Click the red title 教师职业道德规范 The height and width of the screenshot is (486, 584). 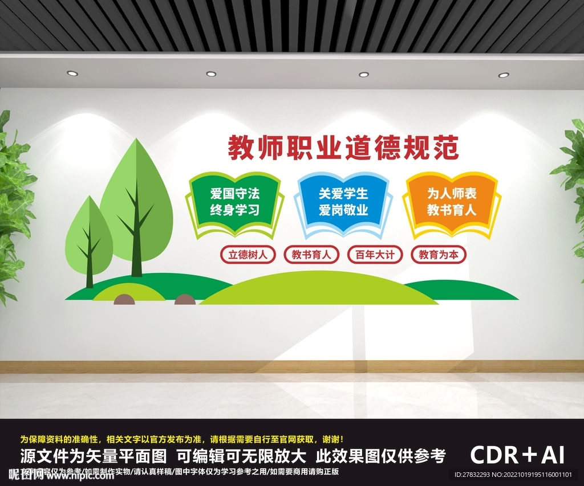pos(343,148)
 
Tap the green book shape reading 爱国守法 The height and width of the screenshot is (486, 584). pos(234,202)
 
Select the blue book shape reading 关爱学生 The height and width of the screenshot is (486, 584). pos(343,202)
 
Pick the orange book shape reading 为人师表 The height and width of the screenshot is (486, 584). pos(452,202)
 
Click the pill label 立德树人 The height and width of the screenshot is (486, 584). pos(248,255)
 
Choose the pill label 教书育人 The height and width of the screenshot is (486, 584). pos(311,255)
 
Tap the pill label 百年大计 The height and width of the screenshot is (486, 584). pos(375,255)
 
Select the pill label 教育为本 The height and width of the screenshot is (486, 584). pos(438,255)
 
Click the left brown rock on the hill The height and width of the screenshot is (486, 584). pos(124,300)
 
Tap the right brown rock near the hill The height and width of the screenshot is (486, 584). pos(185,300)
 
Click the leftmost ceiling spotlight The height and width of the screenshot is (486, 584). pos(72,73)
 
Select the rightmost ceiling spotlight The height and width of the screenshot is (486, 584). pos(504,75)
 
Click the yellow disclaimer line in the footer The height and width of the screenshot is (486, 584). pos(181,439)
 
